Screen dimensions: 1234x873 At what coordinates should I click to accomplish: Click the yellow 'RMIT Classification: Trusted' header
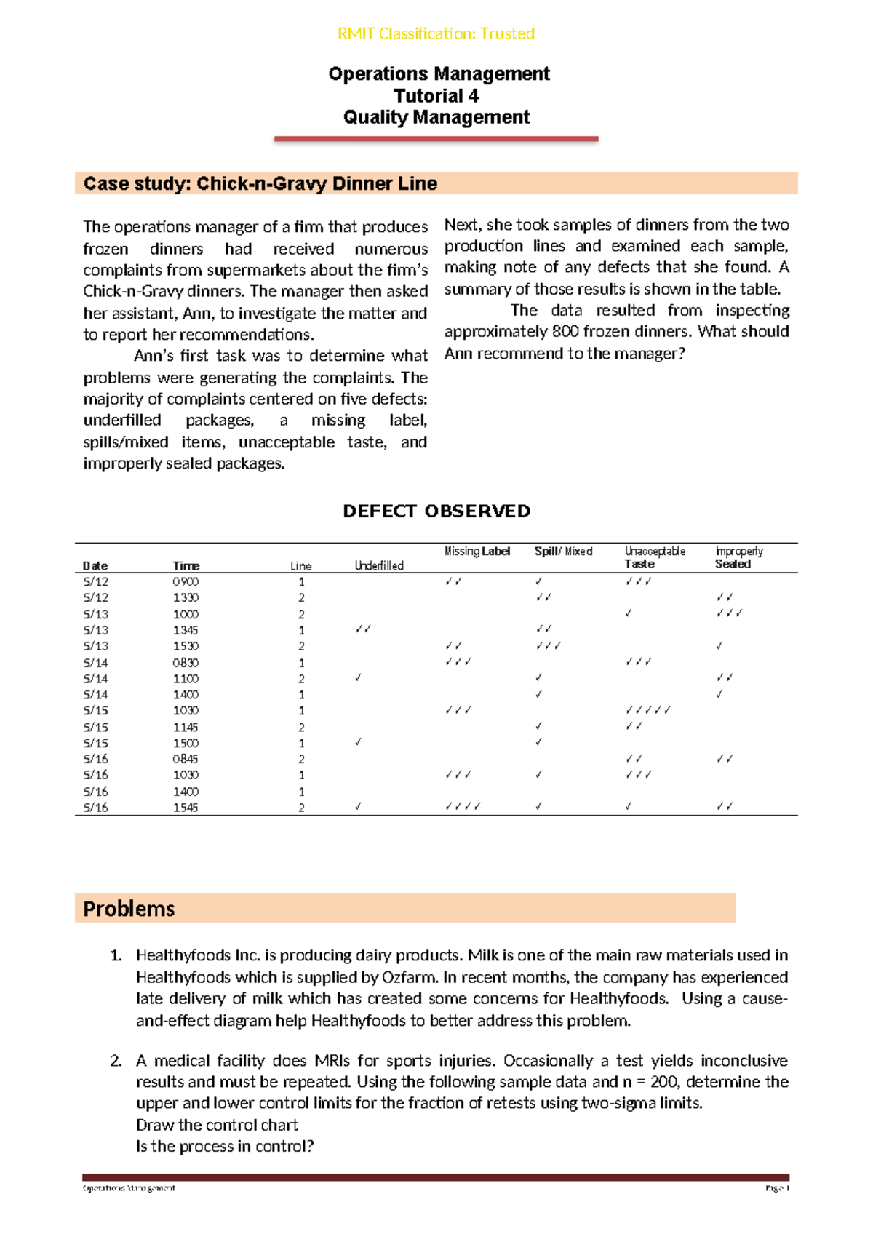[436, 33]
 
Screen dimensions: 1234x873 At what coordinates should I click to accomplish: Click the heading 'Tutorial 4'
[436, 96]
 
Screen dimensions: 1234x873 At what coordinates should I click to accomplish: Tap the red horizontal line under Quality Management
[436, 138]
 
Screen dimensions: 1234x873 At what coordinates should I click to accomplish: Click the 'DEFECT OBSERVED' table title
[436, 511]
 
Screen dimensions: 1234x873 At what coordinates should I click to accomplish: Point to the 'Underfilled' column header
[379, 566]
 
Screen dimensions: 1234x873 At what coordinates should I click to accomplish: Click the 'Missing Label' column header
[477, 552]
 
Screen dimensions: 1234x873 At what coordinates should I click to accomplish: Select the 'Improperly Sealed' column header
[738, 557]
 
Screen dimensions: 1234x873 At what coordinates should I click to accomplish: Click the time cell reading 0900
[186, 582]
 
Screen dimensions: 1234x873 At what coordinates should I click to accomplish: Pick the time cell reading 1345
[186, 630]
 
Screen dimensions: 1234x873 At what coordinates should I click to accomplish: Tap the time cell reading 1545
[186, 808]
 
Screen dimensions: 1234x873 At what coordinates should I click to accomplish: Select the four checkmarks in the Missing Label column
[463, 807]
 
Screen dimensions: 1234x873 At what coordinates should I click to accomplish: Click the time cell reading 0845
[186, 759]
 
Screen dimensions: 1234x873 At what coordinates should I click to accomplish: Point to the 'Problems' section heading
[129, 909]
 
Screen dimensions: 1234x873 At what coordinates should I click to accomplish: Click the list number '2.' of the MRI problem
[116, 1061]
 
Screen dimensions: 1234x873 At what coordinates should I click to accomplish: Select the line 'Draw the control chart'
[217, 1125]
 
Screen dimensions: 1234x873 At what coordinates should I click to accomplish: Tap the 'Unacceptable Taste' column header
[654, 557]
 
